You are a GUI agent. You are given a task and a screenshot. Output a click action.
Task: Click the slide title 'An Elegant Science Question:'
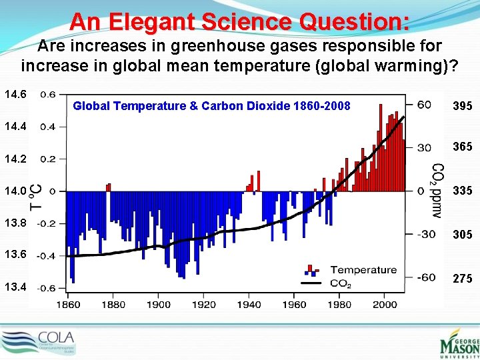coord(239,21)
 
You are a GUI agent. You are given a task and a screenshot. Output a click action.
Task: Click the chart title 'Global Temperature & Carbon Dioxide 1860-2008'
coord(211,105)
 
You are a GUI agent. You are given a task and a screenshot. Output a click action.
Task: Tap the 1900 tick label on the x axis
coord(158,305)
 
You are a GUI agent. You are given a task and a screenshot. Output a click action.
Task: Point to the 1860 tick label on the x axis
coord(67,305)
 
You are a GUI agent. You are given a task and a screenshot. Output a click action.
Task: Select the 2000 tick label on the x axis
coord(385,305)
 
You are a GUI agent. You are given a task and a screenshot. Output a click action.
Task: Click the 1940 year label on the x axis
coord(249,305)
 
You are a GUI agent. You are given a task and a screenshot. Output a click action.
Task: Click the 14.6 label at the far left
coord(15,95)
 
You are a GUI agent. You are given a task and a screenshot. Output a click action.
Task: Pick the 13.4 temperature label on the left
coord(15,287)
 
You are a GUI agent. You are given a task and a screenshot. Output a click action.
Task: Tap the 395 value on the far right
coord(463,107)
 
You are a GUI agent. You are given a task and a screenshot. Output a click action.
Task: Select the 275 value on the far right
coord(463,279)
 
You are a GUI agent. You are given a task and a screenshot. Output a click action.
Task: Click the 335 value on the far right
coord(463,191)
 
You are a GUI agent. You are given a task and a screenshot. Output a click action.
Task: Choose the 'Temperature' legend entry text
coord(363,270)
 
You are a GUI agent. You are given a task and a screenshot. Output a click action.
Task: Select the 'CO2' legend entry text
coord(341,283)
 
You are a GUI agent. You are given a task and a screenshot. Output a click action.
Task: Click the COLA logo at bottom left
coord(39,342)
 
